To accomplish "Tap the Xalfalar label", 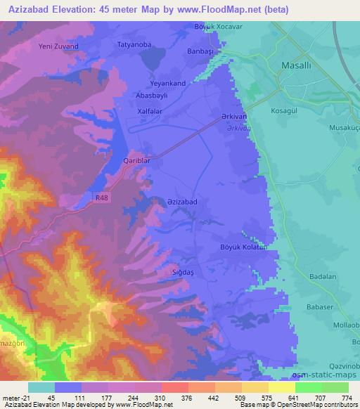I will point(150,111).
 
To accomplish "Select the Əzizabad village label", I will point(181,202).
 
